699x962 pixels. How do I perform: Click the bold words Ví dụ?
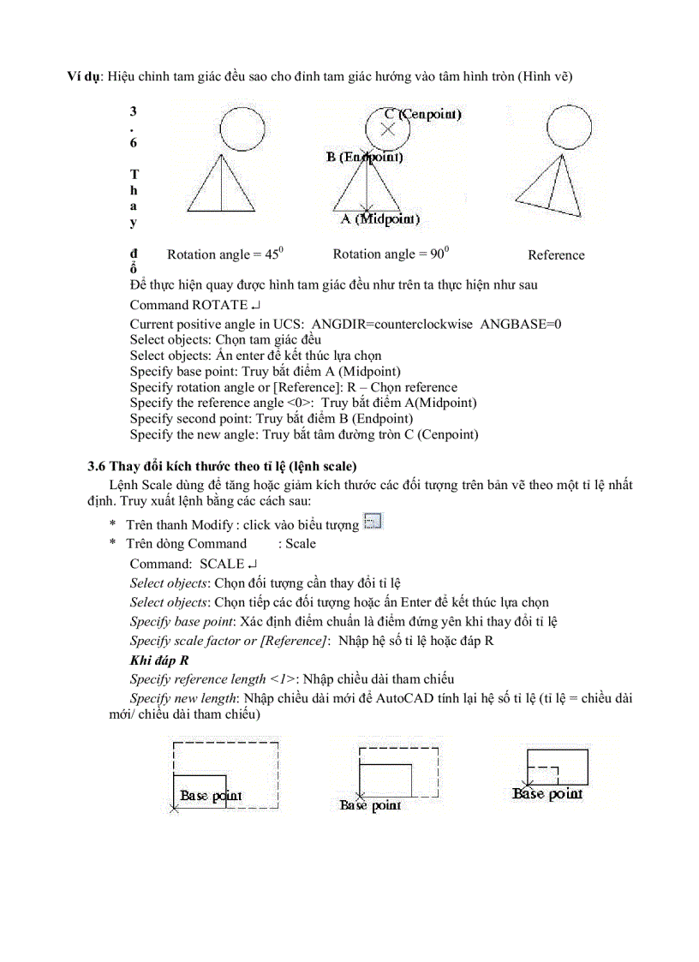[x=85, y=76]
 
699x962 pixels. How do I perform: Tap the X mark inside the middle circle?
[x=387, y=129]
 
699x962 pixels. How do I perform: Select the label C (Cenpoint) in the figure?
[x=423, y=113]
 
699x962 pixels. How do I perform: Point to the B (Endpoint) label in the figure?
[x=363, y=157]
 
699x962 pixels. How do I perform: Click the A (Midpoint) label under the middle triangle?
[x=379, y=219]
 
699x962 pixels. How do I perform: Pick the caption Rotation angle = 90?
[x=390, y=254]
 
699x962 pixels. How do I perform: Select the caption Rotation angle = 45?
[x=224, y=254]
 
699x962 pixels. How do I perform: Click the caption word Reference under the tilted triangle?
[x=556, y=254]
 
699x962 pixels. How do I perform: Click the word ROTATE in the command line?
[x=219, y=305]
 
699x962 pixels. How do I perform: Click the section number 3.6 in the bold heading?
[x=97, y=466]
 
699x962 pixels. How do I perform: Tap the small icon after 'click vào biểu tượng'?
[x=372, y=522]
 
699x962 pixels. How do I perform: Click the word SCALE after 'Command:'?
[x=222, y=564]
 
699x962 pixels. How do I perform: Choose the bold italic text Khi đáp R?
[x=159, y=660]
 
